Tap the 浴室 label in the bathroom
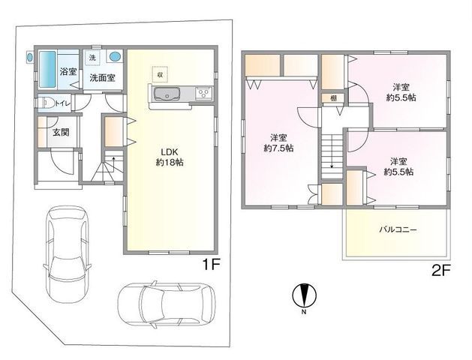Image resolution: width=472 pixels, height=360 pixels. tap(68, 72)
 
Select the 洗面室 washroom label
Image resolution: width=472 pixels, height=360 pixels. tap(102, 77)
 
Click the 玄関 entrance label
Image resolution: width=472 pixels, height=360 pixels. tap(60, 133)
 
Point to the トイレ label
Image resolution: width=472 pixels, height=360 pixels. tap(64, 103)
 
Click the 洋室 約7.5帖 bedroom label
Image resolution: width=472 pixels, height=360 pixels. tap(278, 142)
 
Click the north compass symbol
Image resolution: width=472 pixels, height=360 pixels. tap(303, 295)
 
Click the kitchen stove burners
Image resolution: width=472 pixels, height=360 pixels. tap(202, 94)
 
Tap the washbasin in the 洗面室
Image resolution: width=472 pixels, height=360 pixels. tap(116, 57)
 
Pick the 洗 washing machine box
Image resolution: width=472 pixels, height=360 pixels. tap(92, 58)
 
